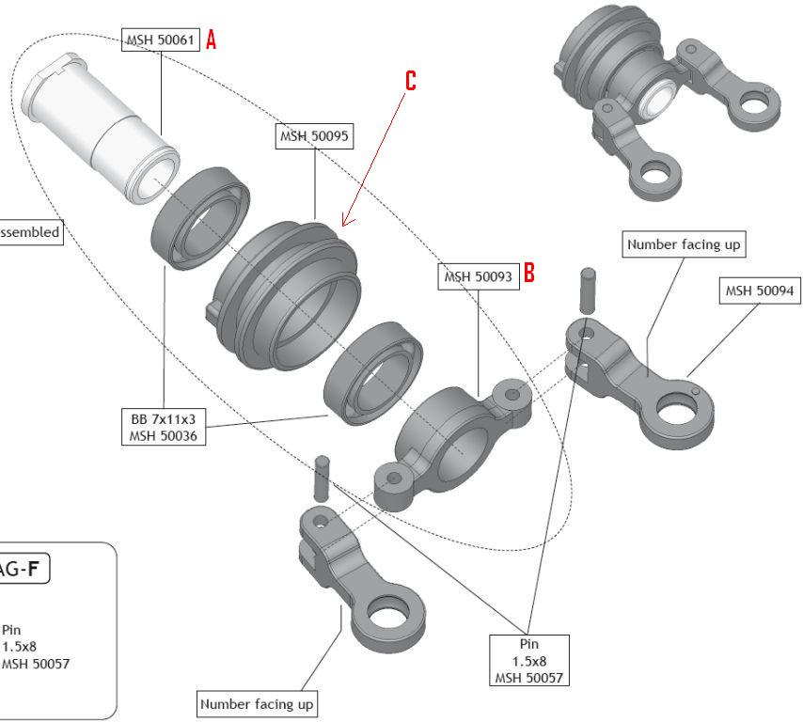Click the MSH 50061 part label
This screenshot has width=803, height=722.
pos(161,39)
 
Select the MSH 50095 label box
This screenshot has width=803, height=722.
pos(314,137)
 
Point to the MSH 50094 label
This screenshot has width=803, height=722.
pos(759,291)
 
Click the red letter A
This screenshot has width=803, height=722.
pos(212,39)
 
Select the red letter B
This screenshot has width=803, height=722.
pos(529,273)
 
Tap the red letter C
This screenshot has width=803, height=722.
pos(410,81)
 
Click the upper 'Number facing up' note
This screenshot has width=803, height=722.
pos(684,244)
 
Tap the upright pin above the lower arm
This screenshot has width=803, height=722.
pos(322,477)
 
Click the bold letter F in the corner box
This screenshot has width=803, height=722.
pos(35,569)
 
